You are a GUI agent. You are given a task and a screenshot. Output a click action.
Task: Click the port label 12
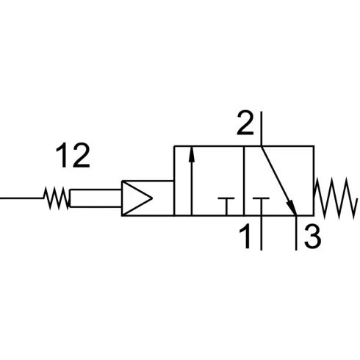[73, 155]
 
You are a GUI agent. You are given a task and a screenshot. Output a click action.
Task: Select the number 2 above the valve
[245, 123]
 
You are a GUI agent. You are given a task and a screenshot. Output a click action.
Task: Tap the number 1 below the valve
[245, 236]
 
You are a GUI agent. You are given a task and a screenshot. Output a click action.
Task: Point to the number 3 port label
[312, 236]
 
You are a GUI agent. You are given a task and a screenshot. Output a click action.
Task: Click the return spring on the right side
[335, 198]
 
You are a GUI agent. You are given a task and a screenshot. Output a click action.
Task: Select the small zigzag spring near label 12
[57, 198]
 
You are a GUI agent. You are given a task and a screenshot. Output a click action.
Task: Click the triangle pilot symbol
[137, 198]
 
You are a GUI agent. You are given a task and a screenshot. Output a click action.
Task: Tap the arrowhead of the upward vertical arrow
[192, 154]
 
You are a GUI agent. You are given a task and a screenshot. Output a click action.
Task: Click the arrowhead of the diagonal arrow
[292, 207]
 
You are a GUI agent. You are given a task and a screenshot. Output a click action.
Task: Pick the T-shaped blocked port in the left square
[226, 206]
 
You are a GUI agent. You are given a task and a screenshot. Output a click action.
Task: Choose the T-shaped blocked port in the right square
[261, 206]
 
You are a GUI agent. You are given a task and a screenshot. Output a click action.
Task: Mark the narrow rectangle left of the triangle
[96, 198]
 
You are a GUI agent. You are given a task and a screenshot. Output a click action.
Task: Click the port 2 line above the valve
[262, 129]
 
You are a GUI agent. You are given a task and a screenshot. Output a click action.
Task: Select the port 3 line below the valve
[296, 233]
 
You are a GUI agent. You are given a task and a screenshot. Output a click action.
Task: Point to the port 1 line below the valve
[262, 233]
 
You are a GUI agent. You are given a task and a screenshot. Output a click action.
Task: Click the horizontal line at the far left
[22, 198]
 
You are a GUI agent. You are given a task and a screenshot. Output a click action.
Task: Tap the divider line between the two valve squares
[244, 181]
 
